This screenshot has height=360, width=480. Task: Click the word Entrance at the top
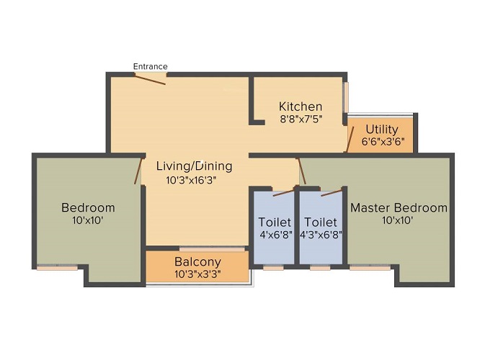[150, 67]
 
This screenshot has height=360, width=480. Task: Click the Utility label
[381, 130]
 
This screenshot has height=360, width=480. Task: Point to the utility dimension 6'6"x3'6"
[382, 142]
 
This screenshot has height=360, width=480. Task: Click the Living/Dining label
[195, 166]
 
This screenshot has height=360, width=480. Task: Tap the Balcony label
[197, 262]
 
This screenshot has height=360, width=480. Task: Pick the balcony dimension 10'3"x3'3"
[197, 274]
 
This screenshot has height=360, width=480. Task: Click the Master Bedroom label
[399, 208]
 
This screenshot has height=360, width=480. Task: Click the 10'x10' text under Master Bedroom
[398, 221]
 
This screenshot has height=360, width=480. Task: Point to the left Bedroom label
[88, 208]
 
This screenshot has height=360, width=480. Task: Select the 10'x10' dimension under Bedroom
[88, 221]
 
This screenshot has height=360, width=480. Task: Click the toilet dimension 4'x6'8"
[275, 234]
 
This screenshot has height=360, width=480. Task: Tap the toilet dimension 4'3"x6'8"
[322, 234]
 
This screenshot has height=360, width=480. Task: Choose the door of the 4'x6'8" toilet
[283, 192]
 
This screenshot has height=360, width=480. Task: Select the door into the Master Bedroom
[303, 171]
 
